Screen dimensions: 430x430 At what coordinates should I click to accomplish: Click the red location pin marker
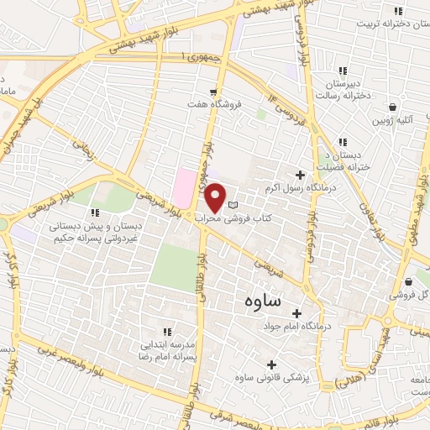pos(216,198)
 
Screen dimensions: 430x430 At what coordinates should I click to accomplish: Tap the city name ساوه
pos(264,300)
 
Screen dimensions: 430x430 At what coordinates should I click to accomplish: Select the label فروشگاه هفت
pos(214,106)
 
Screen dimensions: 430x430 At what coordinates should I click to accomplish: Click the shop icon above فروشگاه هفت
pos(215,92)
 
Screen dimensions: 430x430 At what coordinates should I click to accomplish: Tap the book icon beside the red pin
pos(233,205)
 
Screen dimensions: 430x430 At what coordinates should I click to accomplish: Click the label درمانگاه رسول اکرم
pos(304,190)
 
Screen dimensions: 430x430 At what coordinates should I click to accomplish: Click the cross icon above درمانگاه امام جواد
pos(296,312)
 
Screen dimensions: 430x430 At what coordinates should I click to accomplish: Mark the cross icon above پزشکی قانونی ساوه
pos(270,364)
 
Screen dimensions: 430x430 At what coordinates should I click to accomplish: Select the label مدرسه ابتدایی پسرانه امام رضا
pos(165,350)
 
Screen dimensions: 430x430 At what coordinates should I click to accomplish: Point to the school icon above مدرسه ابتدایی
pos(166,332)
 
